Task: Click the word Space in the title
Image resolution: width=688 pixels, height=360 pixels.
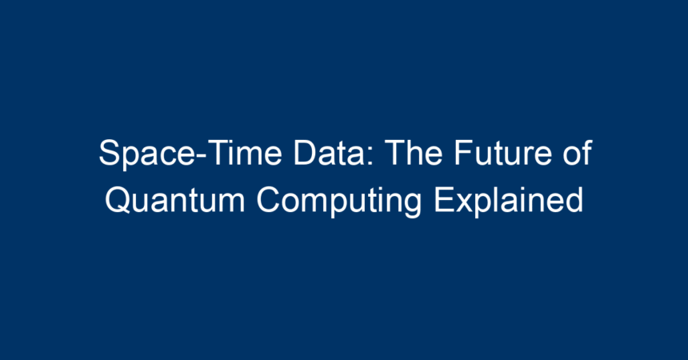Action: [x=147, y=154]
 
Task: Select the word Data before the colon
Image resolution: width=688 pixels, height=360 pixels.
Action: [x=329, y=153]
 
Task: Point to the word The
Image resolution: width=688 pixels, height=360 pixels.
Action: [x=414, y=153]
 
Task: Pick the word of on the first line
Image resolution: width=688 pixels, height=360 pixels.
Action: [x=578, y=153]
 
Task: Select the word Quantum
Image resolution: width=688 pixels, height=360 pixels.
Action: [x=174, y=200]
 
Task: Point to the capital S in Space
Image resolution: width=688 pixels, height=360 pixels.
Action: [x=110, y=153]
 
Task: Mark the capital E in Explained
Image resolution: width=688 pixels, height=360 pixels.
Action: [x=444, y=200]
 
